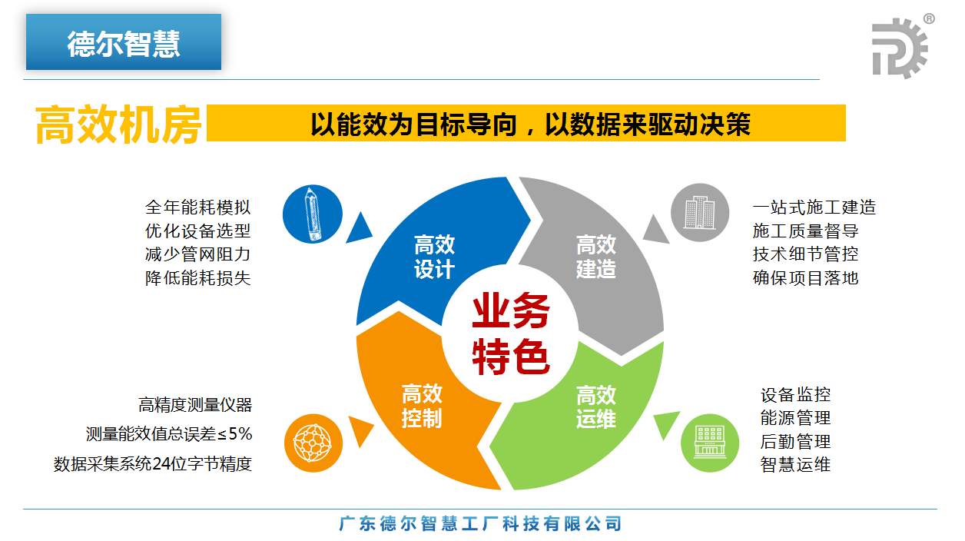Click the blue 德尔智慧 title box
pyautogui.click(x=124, y=41)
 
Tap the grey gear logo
pyautogui.click(x=900, y=48)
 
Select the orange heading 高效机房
pyautogui.click(x=118, y=124)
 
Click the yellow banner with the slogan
pyautogui.click(x=526, y=123)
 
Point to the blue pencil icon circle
pyautogui.click(x=313, y=214)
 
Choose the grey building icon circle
pyautogui.click(x=700, y=212)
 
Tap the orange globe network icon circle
pyautogui.click(x=313, y=443)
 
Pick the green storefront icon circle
pyautogui.click(x=710, y=443)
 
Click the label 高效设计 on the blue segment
pyautogui.click(x=434, y=257)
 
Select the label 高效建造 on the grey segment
pyautogui.click(x=596, y=257)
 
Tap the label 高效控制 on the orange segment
pyautogui.click(x=422, y=406)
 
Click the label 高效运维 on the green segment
pyautogui.click(x=596, y=407)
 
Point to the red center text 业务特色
pyautogui.click(x=511, y=334)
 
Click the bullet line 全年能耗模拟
pyautogui.click(x=197, y=207)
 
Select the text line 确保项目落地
pyautogui.click(x=806, y=278)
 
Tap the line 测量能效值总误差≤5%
pyautogui.click(x=169, y=433)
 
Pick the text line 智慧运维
pyautogui.click(x=795, y=465)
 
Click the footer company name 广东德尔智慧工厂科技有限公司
pyautogui.click(x=480, y=524)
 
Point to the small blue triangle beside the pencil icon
pyautogui.click(x=359, y=228)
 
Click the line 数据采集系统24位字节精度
pyautogui.click(x=152, y=464)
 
